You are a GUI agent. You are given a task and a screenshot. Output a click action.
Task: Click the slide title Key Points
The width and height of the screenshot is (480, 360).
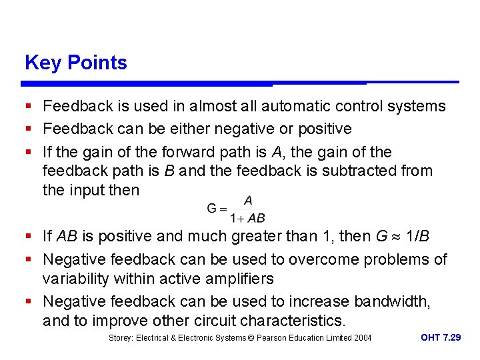pos(75,63)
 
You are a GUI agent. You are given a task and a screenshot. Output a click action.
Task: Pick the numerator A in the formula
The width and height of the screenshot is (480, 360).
pos(248,199)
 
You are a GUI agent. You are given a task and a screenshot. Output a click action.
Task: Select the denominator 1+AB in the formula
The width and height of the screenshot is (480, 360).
pos(247,218)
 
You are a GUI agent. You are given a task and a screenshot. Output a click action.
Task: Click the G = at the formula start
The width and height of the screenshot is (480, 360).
pos(217,208)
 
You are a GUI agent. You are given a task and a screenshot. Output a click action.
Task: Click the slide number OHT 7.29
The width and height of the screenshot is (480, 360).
pos(440,338)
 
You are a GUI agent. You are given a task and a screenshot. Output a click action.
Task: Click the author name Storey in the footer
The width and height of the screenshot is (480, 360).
pos(121,338)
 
